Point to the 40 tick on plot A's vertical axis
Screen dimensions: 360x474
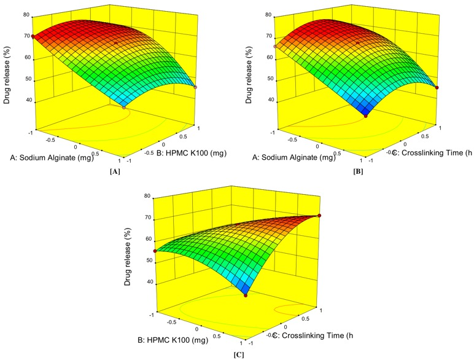28,102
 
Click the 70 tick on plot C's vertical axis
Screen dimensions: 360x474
148,217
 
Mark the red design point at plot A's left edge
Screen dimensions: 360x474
33,37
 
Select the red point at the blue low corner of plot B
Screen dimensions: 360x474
366,115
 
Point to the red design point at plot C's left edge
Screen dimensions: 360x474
155,251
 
